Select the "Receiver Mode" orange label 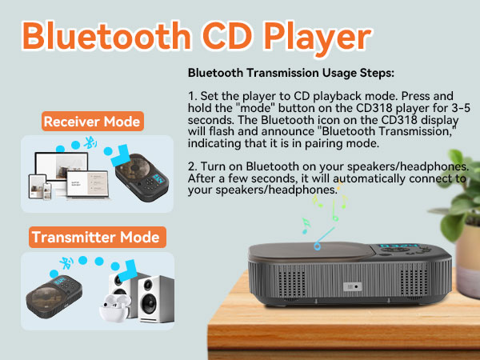(x=94, y=122)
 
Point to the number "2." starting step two (x=193, y=166)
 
